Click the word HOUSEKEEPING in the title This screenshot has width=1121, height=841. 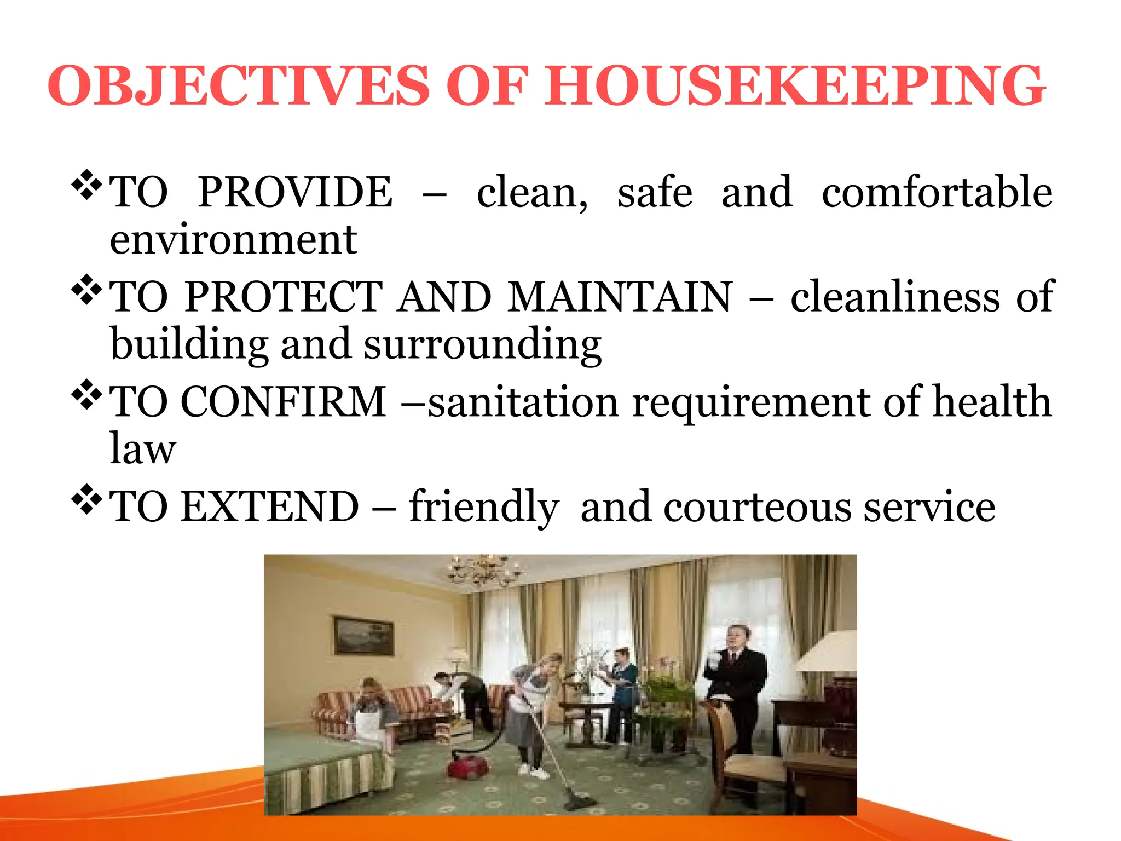coord(794,87)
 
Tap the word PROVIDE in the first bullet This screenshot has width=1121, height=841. coord(295,192)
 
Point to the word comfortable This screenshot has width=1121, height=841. coord(937,192)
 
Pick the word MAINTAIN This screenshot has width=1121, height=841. coord(620,297)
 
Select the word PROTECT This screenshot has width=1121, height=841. coord(284,297)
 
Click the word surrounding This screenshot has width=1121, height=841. coord(482,345)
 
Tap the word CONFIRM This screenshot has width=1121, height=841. coord(284,402)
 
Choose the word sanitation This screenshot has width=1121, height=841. coord(523,402)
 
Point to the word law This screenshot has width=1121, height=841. coord(142,449)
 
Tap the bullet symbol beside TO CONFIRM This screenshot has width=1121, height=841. coord(86,394)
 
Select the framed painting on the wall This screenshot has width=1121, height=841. coord(364,636)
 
